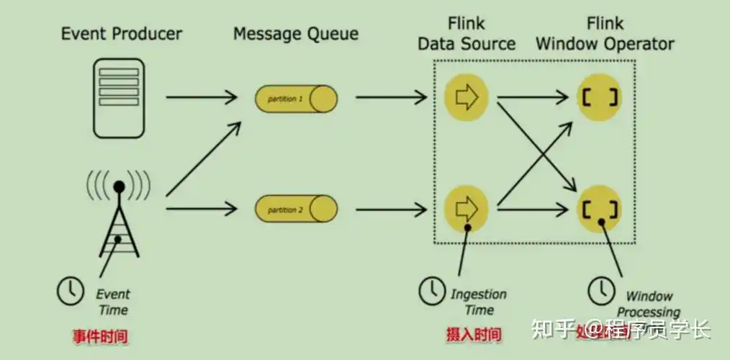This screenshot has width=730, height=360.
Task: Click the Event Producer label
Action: coord(122,33)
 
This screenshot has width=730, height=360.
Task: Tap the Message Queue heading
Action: coord(295,33)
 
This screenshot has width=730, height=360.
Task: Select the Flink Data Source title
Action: coord(467,33)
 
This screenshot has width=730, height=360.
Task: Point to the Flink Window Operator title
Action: coord(605,33)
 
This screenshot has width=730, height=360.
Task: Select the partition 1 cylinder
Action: coord(296,98)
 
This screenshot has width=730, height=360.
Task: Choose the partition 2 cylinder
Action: coord(296,209)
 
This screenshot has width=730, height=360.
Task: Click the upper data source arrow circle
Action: coord(467,97)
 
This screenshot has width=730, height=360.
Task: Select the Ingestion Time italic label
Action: coord(478,302)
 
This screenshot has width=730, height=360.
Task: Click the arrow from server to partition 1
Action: coord(202,97)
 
